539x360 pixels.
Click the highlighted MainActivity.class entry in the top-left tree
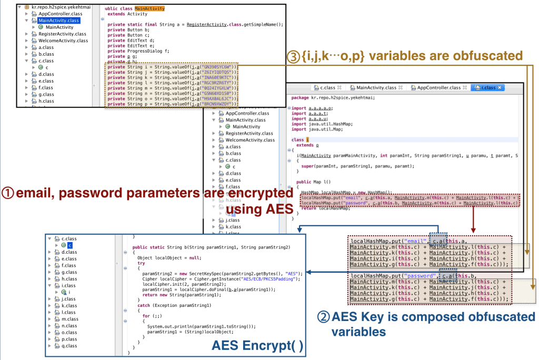pyautogui.click(x=58, y=21)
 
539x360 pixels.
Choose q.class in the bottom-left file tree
pyautogui.click(x=69, y=346)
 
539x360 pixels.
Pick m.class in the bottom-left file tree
pyautogui.click(x=70, y=319)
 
